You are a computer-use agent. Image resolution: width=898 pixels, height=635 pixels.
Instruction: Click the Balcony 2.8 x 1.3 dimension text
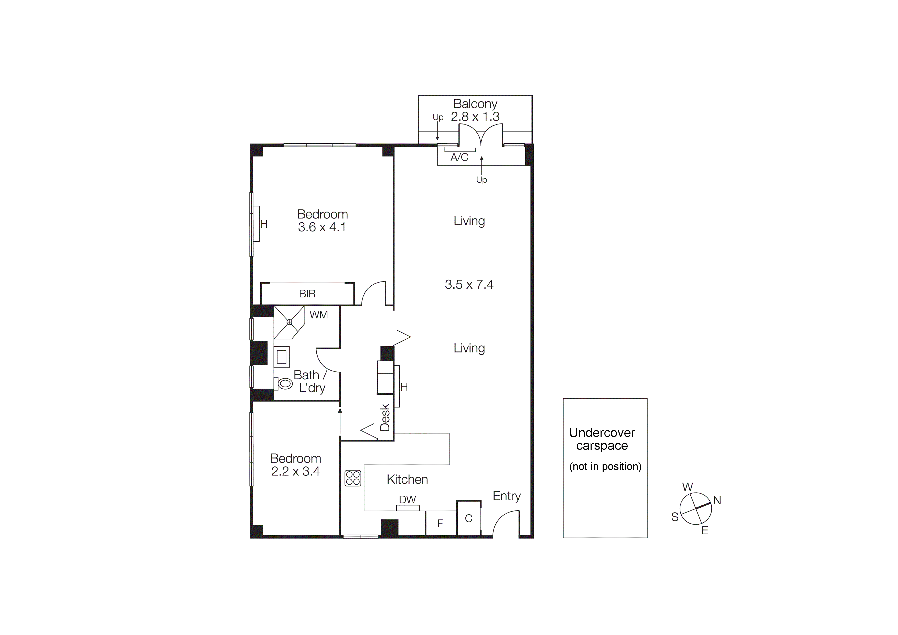(475, 117)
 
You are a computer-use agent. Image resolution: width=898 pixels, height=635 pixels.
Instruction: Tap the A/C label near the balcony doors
(459, 157)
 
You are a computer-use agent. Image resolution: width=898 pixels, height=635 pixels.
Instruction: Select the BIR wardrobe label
(307, 294)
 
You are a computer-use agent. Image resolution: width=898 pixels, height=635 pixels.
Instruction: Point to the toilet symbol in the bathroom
(285, 383)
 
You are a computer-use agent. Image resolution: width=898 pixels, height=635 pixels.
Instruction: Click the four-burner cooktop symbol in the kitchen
(352, 478)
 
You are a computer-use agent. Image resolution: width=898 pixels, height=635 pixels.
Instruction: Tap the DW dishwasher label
(407, 500)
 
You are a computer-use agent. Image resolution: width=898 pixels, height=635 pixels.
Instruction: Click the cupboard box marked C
(468, 518)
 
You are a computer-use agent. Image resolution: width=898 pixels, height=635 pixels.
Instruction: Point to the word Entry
(507, 496)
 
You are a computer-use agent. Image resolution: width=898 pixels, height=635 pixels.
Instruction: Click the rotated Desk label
(385, 417)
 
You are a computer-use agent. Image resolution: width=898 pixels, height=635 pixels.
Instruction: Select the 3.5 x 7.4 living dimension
(469, 284)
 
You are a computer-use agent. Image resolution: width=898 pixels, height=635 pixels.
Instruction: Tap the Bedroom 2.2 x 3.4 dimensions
(295, 471)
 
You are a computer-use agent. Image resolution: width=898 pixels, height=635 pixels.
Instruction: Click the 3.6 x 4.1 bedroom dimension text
(322, 227)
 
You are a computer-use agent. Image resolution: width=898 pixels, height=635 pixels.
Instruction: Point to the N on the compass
(717, 501)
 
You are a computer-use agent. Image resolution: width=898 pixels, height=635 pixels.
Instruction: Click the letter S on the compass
(675, 517)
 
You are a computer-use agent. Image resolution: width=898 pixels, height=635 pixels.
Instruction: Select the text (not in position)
(605, 466)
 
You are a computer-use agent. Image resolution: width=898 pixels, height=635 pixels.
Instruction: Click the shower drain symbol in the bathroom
(290, 322)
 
